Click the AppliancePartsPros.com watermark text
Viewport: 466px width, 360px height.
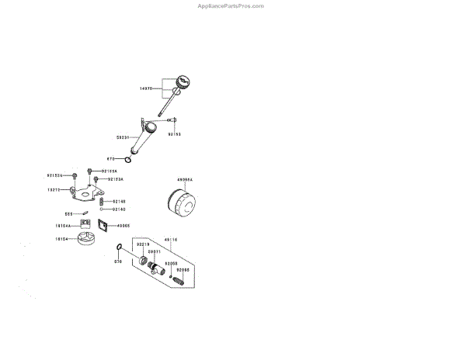231,5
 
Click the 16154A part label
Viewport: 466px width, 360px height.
63,226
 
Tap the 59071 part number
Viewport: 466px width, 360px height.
155,251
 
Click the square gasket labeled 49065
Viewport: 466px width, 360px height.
101,226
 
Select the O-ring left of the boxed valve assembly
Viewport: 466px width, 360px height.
118,248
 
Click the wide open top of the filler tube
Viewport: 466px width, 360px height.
147,122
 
